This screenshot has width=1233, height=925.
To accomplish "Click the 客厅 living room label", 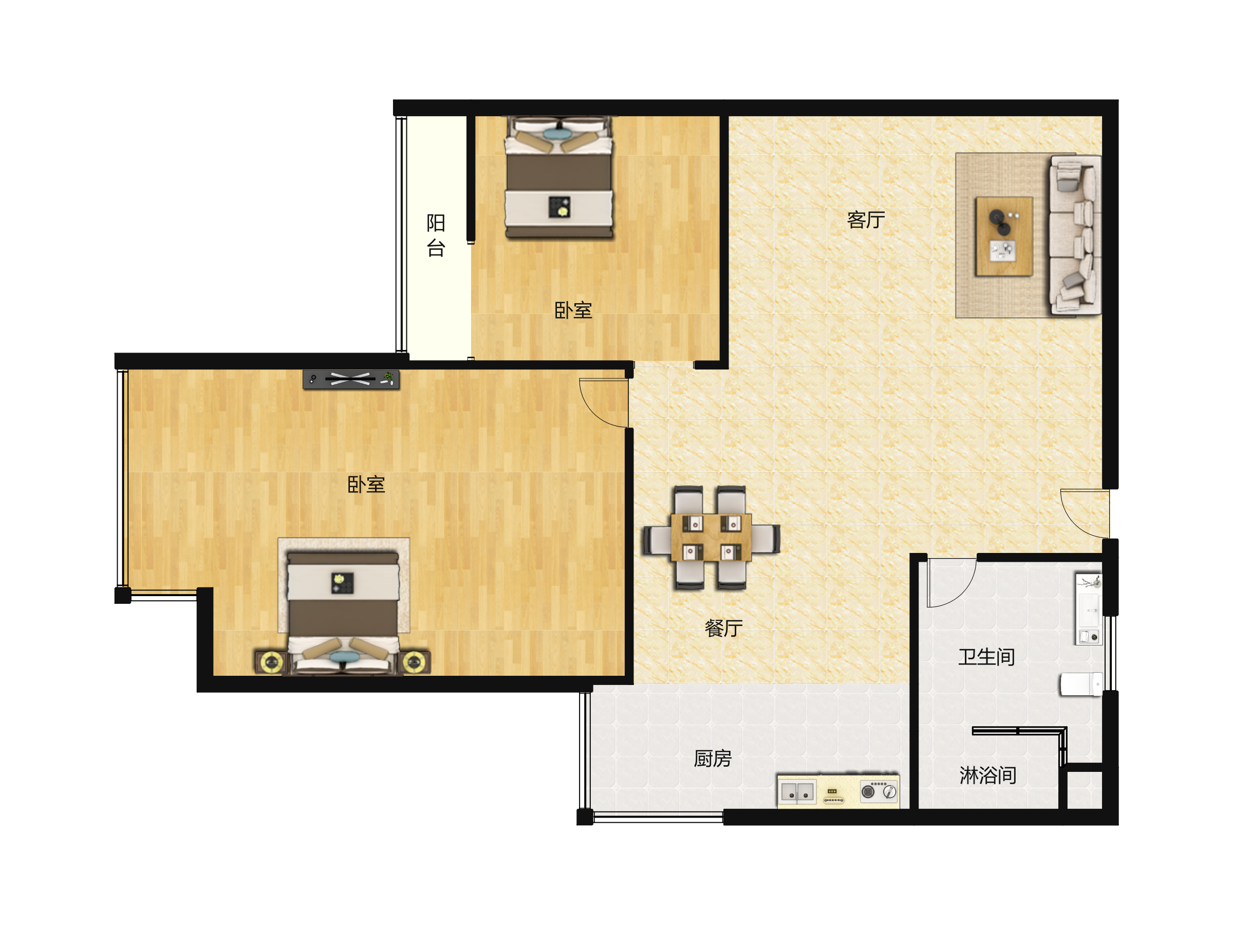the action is [866, 219].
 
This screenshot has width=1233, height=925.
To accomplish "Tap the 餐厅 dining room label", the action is [723, 628].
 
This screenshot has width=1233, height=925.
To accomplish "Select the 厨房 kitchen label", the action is [713, 758].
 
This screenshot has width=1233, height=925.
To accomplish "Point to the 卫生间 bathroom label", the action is [986, 657].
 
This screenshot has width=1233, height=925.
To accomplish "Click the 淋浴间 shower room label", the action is [988, 775].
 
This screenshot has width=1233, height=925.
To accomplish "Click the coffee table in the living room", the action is [1004, 236].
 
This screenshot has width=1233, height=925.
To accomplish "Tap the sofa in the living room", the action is [1075, 235].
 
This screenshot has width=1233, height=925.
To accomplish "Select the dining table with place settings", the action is [711, 538].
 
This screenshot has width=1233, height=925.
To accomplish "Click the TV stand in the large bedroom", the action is [351, 379].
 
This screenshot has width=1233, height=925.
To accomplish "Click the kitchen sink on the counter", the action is [798, 792].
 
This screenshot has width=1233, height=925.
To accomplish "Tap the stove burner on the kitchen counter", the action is [879, 791].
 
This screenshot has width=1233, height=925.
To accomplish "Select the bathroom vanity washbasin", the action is [1089, 609].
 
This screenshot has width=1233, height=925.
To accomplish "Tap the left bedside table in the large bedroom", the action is [271, 662].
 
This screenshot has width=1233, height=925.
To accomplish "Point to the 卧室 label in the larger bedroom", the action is [366, 485].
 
